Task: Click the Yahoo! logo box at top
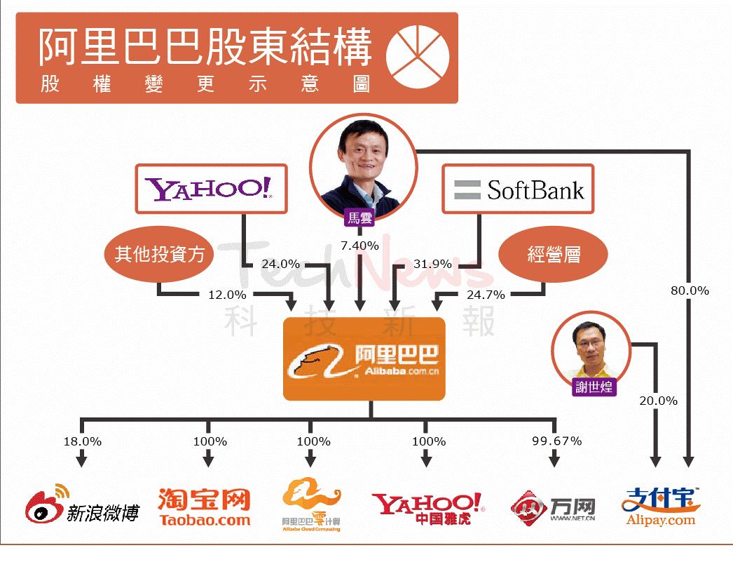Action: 210,189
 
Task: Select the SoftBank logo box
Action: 517,189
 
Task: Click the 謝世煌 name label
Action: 594,387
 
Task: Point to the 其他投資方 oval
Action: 160,253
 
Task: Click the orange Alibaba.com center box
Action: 364,359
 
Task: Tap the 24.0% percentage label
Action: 280,265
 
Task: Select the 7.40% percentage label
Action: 359,246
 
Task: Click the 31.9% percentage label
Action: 432,265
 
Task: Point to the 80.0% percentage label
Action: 690,290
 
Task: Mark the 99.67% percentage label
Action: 556,441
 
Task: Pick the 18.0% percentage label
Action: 82,441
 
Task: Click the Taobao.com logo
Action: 204,507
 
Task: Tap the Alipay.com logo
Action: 660,506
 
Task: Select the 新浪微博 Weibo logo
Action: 82,507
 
